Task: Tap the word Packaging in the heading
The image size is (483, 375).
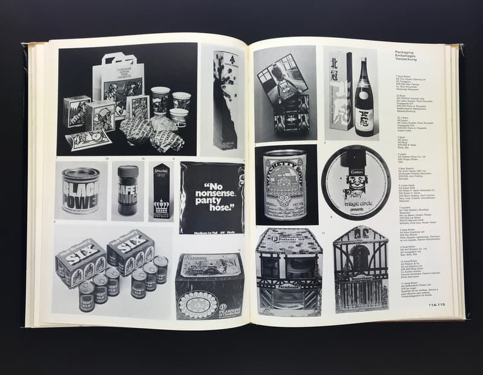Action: (x=405, y=52)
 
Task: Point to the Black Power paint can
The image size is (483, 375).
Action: (x=80, y=191)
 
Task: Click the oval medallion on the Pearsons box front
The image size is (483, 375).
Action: (x=198, y=305)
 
